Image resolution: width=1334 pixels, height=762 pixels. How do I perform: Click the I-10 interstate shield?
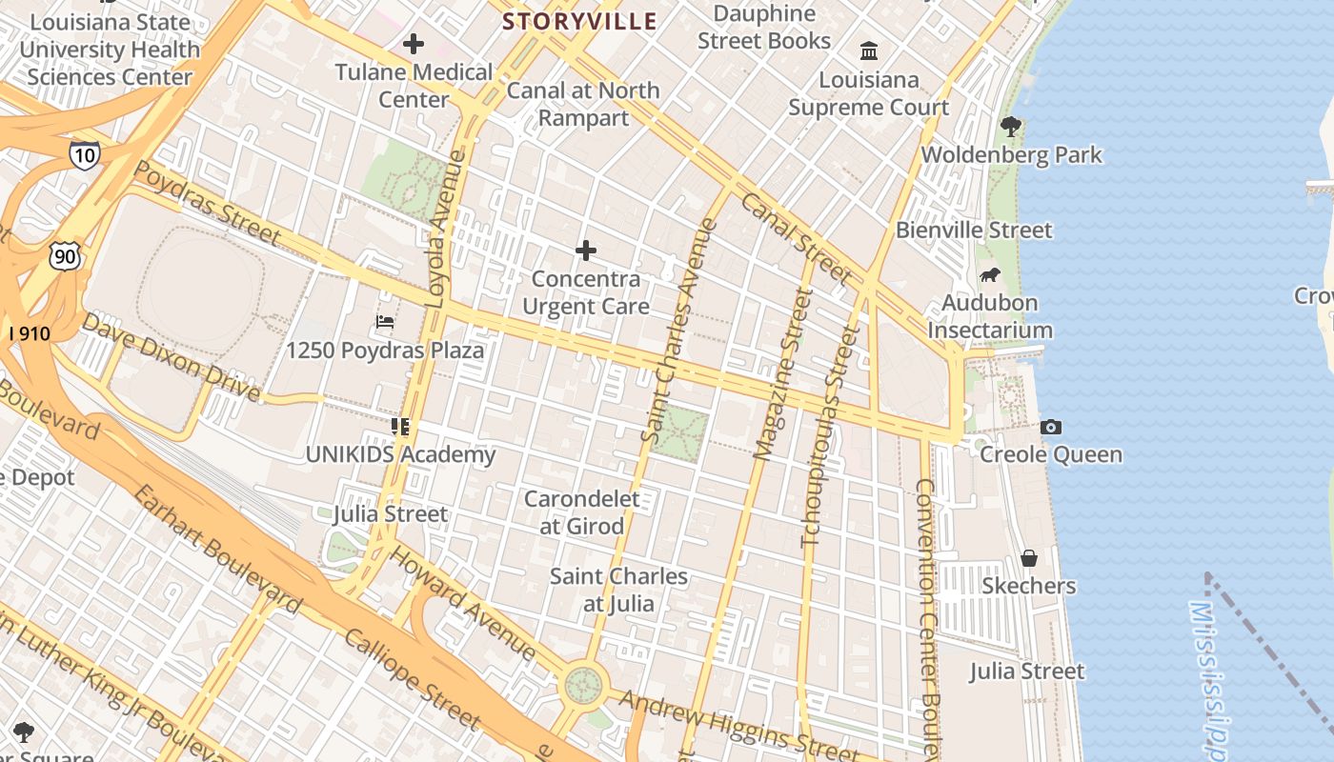coord(84,155)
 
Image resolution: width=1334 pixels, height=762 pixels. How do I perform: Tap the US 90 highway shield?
coord(65,255)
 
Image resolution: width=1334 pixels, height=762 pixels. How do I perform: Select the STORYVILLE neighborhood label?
coord(579,21)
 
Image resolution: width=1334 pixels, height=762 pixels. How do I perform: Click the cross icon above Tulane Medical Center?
coord(414,44)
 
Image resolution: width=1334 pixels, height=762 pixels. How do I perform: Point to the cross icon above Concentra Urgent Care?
coord(586,251)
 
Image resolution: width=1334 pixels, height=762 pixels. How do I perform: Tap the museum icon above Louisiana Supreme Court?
coord(869,50)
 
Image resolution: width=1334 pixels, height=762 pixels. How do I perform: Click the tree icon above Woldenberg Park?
coord(1011,126)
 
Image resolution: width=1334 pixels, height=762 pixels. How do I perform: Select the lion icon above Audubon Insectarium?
coord(990,275)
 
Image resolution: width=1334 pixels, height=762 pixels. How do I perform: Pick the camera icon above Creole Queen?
coord(1051,427)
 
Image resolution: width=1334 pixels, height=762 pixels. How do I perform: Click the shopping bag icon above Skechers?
coord(1029,557)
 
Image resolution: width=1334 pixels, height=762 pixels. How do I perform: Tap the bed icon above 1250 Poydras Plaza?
coord(385,322)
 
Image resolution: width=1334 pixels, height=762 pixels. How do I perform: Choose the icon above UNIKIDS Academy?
coord(400,427)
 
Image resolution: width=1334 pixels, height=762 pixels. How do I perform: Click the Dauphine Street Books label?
coord(764,27)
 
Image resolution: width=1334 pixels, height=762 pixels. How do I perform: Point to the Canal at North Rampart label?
coord(583,104)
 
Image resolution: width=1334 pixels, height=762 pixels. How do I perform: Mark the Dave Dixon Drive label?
coord(170,356)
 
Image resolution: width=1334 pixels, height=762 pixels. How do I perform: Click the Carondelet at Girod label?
coord(582,511)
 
